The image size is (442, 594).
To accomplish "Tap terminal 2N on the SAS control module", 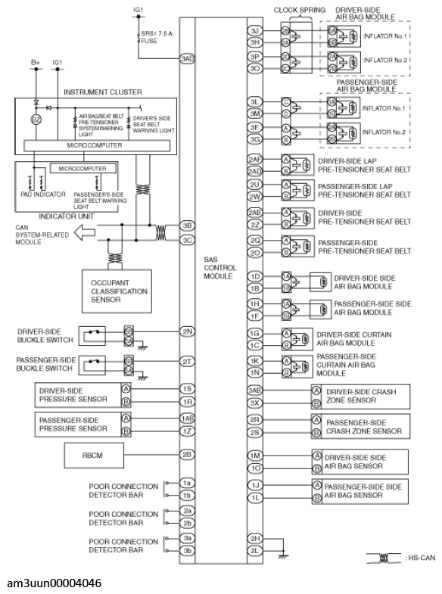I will (x=187, y=331).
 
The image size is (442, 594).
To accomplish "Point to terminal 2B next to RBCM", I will (x=187, y=456).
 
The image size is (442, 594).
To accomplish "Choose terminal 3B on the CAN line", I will (x=187, y=225).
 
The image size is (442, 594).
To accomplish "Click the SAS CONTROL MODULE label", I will (x=220, y=268).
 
